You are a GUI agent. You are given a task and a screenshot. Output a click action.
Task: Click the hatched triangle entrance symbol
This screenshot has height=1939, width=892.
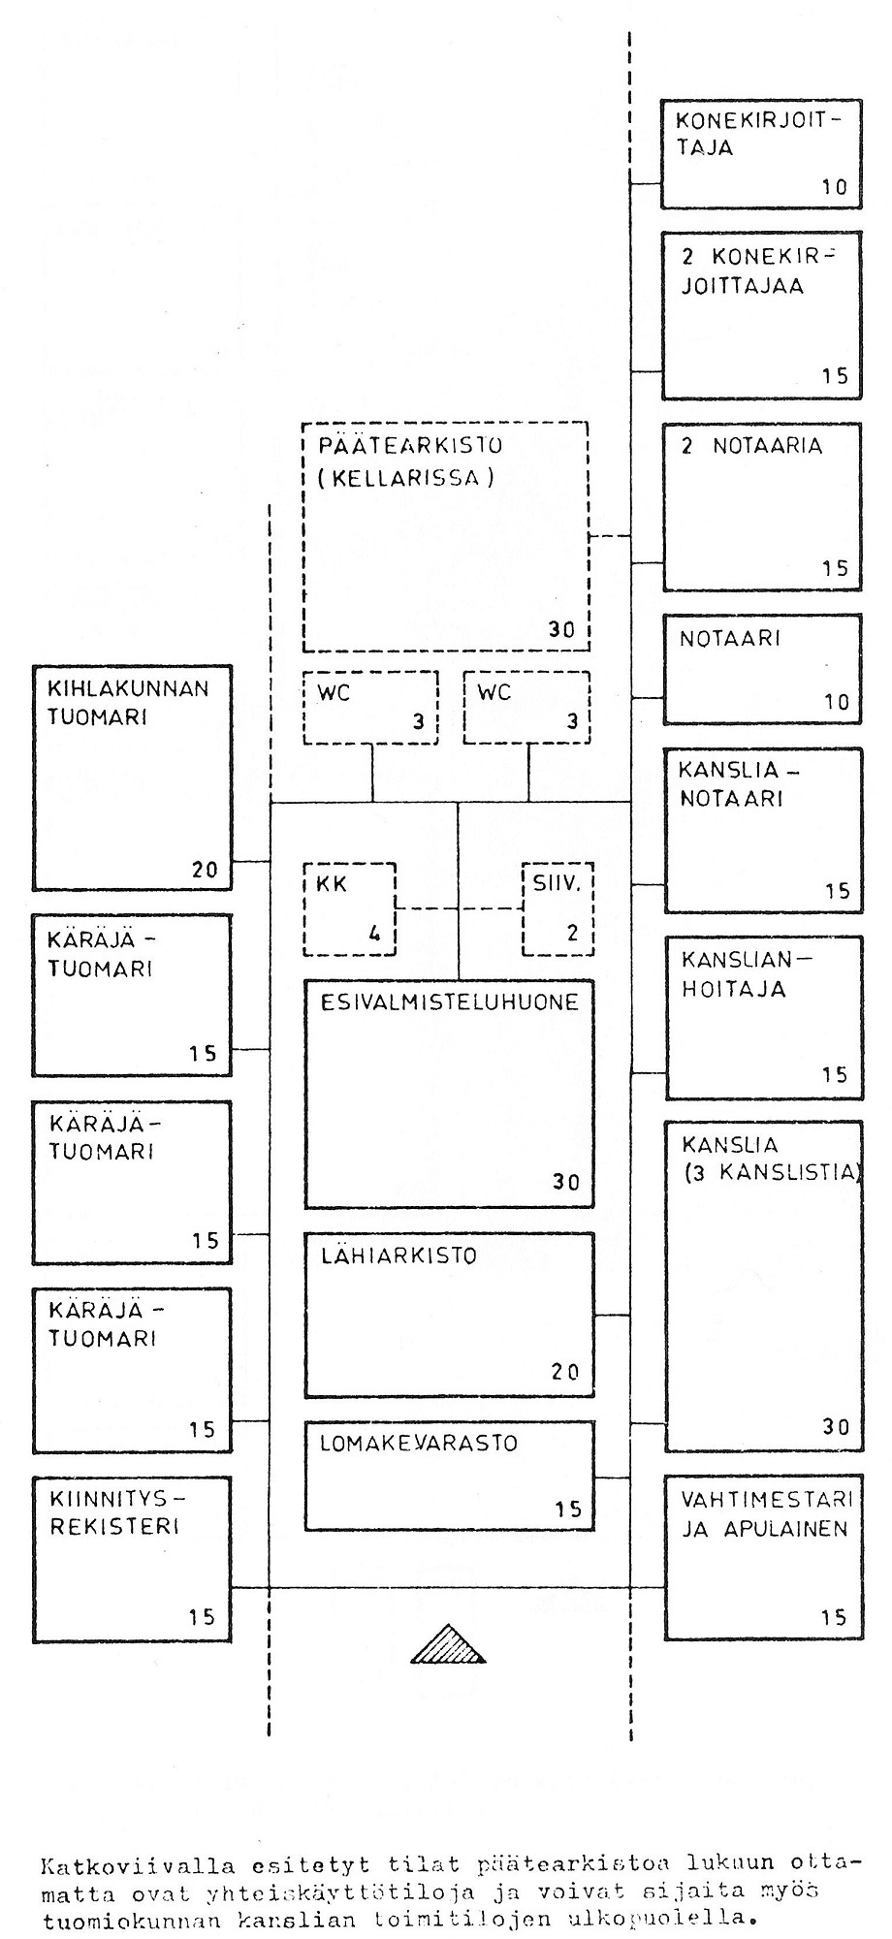point(447,1643)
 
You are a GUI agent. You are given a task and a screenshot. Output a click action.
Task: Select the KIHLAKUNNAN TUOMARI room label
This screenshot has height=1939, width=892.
point(128,703)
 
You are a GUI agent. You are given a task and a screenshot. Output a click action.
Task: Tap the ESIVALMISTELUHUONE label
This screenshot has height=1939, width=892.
point(449,1001)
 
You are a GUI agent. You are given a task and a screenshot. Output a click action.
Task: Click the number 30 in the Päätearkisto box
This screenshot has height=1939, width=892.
point(561,630)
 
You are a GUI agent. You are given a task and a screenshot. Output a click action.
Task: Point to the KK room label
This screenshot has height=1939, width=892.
point(332,884)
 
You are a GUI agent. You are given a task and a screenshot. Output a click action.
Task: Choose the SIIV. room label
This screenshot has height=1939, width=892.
point(556,884)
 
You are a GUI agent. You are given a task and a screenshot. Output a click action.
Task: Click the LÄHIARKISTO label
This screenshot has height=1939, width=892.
point(398,1256)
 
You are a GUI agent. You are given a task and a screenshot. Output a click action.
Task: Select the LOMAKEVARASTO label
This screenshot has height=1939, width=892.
point(419,1443)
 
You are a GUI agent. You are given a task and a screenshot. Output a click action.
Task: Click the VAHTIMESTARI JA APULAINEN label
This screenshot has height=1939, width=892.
point(765,1513)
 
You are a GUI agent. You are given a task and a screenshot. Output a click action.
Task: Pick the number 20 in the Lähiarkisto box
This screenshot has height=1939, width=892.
point(564,1371)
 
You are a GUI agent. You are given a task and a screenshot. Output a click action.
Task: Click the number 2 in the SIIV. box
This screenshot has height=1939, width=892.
point(572,934)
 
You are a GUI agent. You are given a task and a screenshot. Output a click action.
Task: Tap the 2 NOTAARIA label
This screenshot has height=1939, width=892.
point(751,446)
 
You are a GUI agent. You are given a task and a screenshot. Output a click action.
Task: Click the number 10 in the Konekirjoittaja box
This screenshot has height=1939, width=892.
point(835,187)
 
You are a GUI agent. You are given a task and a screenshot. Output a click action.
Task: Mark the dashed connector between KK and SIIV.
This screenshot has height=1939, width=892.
point(459,908)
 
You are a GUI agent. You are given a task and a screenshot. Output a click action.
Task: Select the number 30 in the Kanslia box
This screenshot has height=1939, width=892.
point(835,1426)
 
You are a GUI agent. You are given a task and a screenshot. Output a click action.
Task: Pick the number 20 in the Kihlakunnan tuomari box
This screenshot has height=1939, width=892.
point(205,869)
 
